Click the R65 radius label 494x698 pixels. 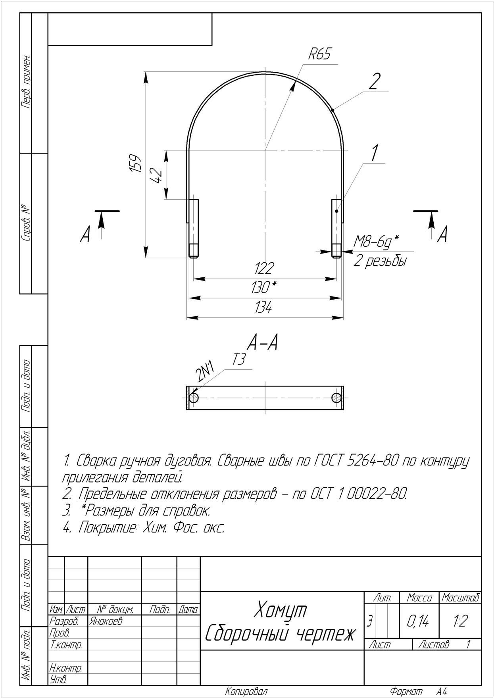pos(319,54)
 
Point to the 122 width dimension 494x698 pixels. pos(264,268)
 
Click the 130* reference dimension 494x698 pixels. pos(263,287)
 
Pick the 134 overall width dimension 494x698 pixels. pos(263,307)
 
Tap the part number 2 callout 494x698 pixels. pos(374,82)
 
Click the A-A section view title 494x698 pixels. pos(262,342)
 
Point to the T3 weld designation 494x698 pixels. pos(239,360)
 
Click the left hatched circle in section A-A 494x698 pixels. pos(194,398)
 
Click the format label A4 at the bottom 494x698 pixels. pos(442,692)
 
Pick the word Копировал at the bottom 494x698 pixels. pos(246,692)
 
